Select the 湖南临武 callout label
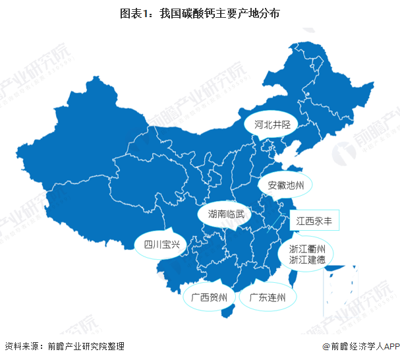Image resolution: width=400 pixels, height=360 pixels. pos(225,214)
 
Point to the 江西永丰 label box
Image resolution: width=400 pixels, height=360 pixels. pos(314,220)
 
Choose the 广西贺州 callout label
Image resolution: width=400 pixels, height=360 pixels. pos(209,298)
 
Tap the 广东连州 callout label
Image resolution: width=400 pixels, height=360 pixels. pos(263,298)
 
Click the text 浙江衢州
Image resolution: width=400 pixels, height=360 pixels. pos(307,250)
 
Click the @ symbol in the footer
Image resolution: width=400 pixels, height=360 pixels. pos(326,346)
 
